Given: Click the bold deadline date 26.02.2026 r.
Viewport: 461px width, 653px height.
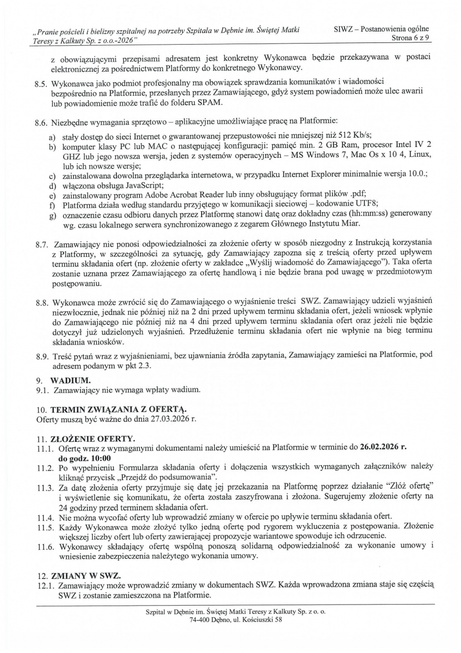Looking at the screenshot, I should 384,447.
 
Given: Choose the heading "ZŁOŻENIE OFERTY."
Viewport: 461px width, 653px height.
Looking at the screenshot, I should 89,439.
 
